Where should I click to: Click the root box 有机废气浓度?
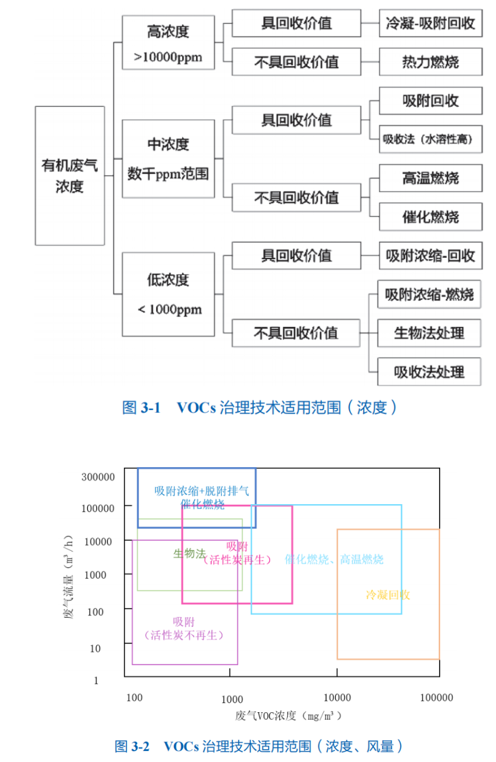(x=69, y=175)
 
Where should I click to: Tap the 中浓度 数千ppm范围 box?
(x=168, y=158)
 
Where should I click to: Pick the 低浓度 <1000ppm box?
(x=168, y=294)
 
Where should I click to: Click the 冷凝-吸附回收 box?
(x=430, y=24)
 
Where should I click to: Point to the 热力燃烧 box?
(x=430, y=61)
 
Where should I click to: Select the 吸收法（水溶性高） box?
(x=430, y=140)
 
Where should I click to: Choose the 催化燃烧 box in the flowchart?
(x=430, y=217)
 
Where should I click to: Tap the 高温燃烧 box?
(x=430, y=178)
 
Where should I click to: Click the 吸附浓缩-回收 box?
(x=430, y=255)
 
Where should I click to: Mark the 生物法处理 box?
(x=429, y=332)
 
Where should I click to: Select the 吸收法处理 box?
(x=429, y=371)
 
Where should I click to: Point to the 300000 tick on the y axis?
(x=98, y=477)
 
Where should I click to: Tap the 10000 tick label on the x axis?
(x=337, y=698)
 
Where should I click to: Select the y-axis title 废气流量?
(x=69, y=574)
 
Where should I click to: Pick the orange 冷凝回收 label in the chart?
(x=388, y=595)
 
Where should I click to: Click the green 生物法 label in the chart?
(x=189, y=553)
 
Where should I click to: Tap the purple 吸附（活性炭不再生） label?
(x=185, y=629)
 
